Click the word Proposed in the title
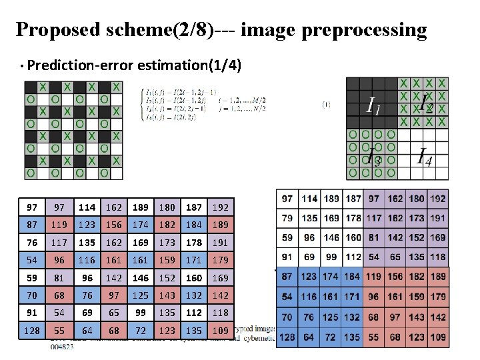coord(57,30)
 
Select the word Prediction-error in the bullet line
coord(81,65)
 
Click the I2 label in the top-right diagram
coord(425,105)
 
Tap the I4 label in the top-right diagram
coord(423,157)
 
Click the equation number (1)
coord(326,103)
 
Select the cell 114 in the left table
coord(86,207)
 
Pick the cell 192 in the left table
coord(221,207)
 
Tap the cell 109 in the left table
coord(221,330)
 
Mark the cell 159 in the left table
coord(167,260)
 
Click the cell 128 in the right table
coord(287,337)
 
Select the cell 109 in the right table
coord(438,337)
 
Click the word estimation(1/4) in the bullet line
coord(189,65)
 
